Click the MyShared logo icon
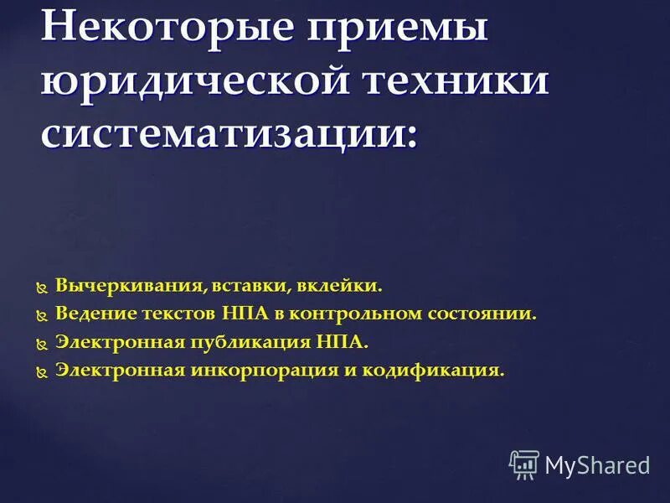point(524,464)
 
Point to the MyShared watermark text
point(598,464)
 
